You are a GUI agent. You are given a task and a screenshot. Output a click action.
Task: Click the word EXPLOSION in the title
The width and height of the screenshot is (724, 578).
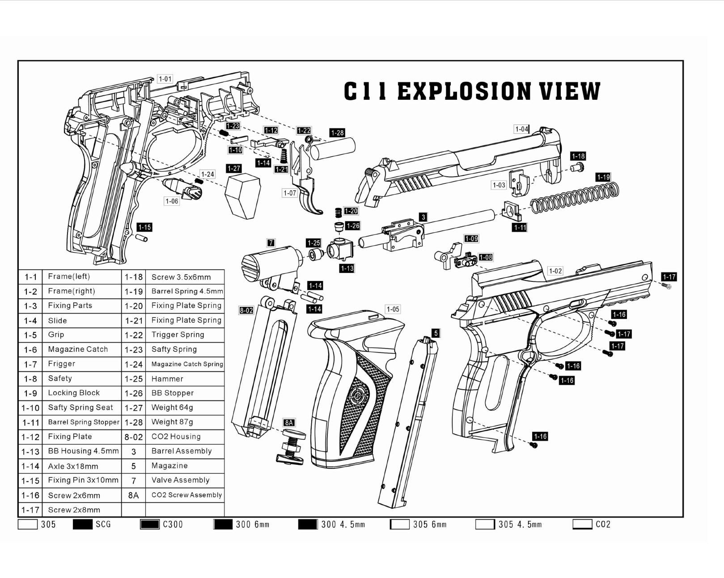point(465,91)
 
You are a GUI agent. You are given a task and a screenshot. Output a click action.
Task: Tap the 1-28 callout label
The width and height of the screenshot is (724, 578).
point(337,133)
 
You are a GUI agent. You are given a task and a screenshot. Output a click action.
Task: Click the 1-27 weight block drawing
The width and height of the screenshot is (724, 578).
point(242,196)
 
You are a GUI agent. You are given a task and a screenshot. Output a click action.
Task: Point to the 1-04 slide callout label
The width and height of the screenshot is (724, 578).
point(522,129)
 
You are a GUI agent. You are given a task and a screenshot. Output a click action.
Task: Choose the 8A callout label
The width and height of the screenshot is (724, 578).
point(288,423)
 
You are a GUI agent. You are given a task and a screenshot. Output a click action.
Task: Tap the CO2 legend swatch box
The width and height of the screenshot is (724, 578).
point(582,524)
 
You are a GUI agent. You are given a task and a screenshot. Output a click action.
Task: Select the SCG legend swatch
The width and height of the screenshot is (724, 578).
point(82,524)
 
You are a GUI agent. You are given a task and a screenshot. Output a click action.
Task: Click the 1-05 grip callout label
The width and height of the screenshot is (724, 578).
point(393,310)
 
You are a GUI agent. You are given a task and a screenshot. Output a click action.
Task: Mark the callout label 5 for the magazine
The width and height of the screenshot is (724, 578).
point(436,333)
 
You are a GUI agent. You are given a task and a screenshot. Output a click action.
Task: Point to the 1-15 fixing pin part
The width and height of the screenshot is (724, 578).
point(141,238)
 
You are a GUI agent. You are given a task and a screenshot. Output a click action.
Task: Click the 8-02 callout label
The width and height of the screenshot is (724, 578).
point(246,310)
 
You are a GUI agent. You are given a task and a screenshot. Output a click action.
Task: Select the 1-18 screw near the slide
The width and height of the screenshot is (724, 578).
point(577,166)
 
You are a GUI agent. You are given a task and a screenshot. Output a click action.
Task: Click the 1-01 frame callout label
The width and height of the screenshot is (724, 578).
point(165,79)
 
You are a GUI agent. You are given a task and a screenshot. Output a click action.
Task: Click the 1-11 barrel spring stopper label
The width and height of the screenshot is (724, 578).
point(520,228)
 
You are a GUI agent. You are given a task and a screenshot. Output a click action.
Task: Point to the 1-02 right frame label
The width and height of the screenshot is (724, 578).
point(555,271)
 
